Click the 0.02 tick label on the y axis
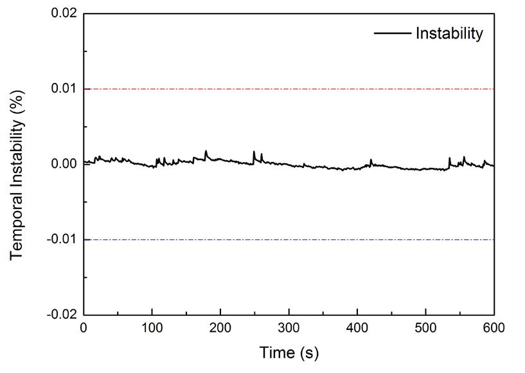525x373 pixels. tap(64, 14)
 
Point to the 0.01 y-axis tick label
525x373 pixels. tap(64, 89)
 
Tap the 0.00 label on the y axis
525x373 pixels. tap(64, 164)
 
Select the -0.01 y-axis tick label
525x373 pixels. tap(63, 239)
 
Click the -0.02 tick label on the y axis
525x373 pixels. tap(63, 314)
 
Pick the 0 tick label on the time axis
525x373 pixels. tap(84, 328)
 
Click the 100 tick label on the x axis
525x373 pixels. tap(152, 328)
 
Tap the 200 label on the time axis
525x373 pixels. tap(220, 328)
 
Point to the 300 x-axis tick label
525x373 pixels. tap(289, 328)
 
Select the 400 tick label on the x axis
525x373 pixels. tap(357, 328)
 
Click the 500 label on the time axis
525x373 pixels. tap(426, 328)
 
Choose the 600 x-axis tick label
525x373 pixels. tap(494, 328)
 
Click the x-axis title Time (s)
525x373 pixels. tap(289, 352)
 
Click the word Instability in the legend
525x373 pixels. tap(449, 33)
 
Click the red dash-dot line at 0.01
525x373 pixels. tap(289, 89)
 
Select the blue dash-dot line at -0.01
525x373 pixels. tap(289, 239)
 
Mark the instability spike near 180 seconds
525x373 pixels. tap(206, 152)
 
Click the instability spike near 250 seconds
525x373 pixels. tap(254, 152)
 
